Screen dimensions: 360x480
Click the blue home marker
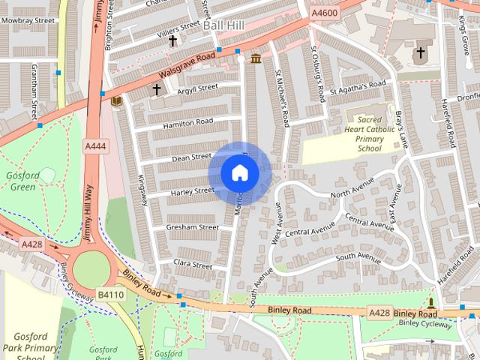point(239,173)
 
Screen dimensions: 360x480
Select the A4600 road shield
point(325,12)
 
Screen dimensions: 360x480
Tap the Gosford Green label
point(20,180)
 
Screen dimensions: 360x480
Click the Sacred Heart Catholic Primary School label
point(369,133)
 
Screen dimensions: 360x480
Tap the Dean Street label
point(191,157)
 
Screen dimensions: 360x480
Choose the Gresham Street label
point(193,227)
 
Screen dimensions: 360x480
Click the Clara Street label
point(193,264)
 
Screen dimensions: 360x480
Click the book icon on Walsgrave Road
point(115,100)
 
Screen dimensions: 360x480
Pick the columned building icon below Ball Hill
point(256,58)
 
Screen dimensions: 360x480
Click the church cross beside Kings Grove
point(420,53)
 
